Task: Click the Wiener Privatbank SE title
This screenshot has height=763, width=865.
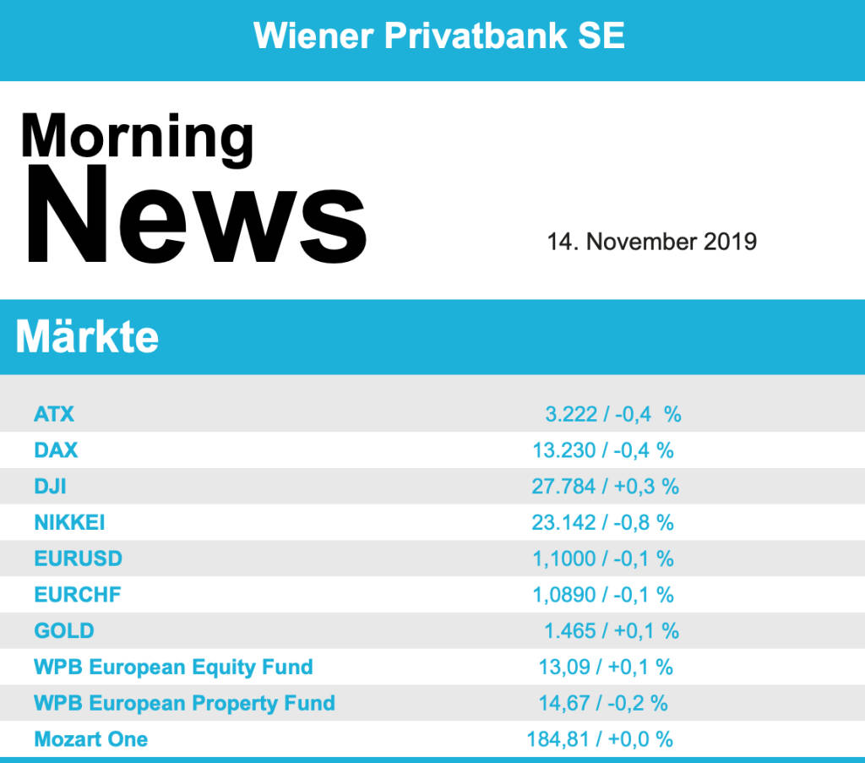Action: tap(439, 35)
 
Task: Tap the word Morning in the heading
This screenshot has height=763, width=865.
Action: tap(137, 135)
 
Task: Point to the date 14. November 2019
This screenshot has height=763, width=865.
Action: tap(651, 242)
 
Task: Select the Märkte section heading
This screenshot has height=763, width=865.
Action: tap(87, 336)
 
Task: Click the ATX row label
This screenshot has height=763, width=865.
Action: tap(54, 414)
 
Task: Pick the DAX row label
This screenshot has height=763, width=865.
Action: tap(56, 450)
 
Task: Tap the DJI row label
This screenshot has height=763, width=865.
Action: tap(50, 487)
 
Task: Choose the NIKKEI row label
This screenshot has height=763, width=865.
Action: tap(69, 522)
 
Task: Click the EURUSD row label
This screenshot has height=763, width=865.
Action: tap(78, 559)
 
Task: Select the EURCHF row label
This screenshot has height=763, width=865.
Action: tap(77, 595)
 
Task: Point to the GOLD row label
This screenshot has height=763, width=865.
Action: tap(63, 630)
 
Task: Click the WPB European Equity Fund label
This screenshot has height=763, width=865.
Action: tap(173, 667)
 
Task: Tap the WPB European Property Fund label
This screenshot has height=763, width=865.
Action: tap(184, 703)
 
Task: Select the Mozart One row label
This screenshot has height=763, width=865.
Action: tap(90, 739)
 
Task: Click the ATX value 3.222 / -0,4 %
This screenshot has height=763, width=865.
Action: tap(612, 414)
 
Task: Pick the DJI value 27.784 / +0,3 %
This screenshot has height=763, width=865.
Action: tap(605, 487)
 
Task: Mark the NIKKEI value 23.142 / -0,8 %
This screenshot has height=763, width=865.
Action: tap(602, 522)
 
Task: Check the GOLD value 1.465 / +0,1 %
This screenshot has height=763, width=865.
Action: tap(612, 630)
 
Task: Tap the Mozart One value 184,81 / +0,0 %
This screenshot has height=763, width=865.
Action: tap(600, 739)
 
